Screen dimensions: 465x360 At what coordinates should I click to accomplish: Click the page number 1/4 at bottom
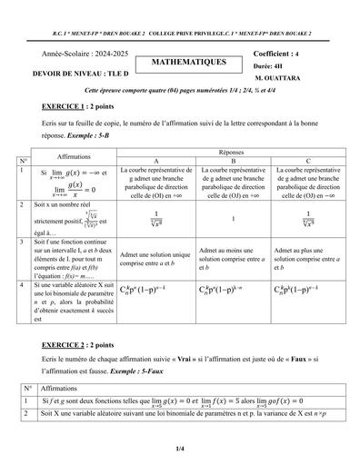point(180,447)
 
